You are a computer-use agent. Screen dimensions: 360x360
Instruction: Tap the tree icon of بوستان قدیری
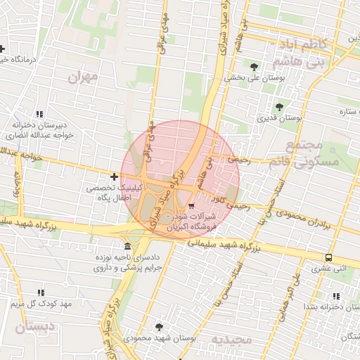point(280,107)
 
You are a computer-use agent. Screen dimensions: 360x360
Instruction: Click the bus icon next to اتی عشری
point(328,257)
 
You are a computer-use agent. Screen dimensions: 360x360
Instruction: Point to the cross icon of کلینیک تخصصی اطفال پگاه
point(115,176)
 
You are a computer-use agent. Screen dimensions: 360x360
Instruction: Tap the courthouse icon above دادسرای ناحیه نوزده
point(127,247)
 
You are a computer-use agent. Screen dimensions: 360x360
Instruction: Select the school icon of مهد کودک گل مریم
point(40,292)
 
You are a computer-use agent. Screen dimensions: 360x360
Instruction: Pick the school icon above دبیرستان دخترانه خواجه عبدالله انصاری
point(39,114)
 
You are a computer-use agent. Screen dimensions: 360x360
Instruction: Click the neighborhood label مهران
point(82,77)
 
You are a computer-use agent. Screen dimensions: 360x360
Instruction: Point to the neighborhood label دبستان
point(33,327)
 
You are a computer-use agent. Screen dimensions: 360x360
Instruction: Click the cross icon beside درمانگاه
point(3,49)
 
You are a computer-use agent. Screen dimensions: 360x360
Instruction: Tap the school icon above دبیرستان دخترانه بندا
point(335,296)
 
